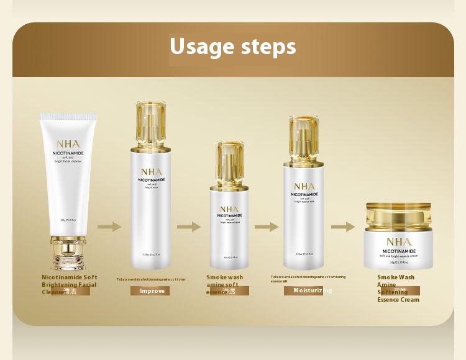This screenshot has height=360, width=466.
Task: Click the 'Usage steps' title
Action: [233, 47]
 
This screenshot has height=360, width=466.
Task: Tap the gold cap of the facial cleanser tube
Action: [68, 251]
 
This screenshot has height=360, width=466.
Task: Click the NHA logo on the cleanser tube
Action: [68, 143]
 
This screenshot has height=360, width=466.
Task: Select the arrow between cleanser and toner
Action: [109, 227]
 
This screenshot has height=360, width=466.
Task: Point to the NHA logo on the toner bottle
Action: [151, 172]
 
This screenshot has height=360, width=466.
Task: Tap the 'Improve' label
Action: [152, 290]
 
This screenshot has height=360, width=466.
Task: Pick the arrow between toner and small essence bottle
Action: [189, 227]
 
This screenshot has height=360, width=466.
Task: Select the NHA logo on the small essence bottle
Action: [229, 209]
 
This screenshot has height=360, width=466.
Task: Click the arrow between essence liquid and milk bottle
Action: [267, 227]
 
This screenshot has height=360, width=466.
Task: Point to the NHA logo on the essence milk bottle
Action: [304, 186]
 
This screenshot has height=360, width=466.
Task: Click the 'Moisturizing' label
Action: [313, 290]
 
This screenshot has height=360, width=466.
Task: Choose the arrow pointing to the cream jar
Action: [342, 227]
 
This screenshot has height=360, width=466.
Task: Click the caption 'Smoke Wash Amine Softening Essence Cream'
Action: [398, 289]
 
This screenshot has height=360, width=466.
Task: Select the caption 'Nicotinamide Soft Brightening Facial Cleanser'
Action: [69, 284]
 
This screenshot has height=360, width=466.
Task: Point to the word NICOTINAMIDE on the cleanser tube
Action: [68, 153]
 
